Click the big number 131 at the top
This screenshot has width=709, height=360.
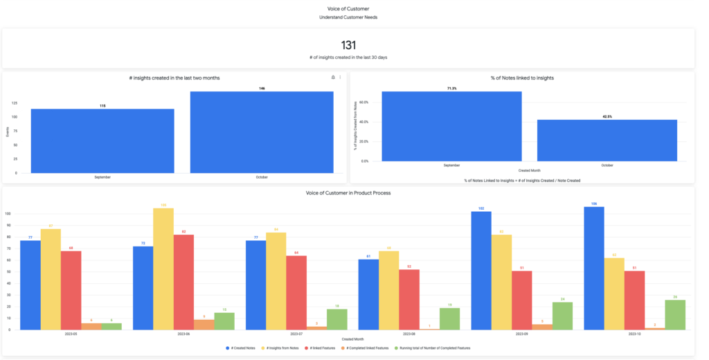tap(348, 45)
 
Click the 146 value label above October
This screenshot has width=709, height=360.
tap(262, 89)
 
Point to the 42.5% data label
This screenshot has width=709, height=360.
tap(607, 116)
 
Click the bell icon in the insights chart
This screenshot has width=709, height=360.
tap(333, 78)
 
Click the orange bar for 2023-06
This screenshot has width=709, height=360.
tap(204, 324)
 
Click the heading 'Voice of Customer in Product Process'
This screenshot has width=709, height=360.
tap(348, 192)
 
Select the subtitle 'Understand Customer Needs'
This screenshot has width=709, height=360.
tap(348, 17)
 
